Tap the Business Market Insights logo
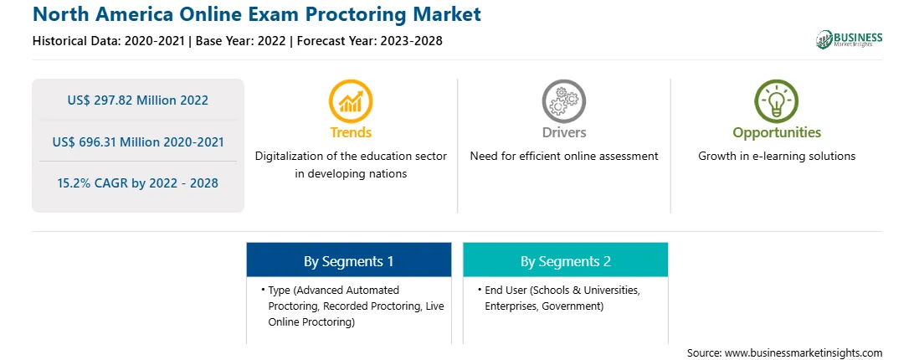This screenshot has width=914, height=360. tap(850, 39)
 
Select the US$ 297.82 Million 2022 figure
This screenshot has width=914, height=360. tap(137, 100)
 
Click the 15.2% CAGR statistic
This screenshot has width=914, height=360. tap(137, 183)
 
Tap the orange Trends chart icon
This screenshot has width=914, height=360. tap(351, 101)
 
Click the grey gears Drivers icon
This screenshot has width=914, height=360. tap(563, 101)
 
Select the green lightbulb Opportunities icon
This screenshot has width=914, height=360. tap(777, 101)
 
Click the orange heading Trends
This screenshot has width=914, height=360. tap(351, 132)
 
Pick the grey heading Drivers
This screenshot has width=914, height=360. tap(563, 132)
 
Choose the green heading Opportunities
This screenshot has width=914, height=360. tap(777, 133)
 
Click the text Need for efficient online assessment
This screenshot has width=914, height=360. tap(564, 157)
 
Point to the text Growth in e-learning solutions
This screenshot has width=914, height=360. tap(777, 157)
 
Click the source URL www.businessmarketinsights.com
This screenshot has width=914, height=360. tap(804, 352)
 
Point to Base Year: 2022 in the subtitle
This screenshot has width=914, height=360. tap(241, 41)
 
